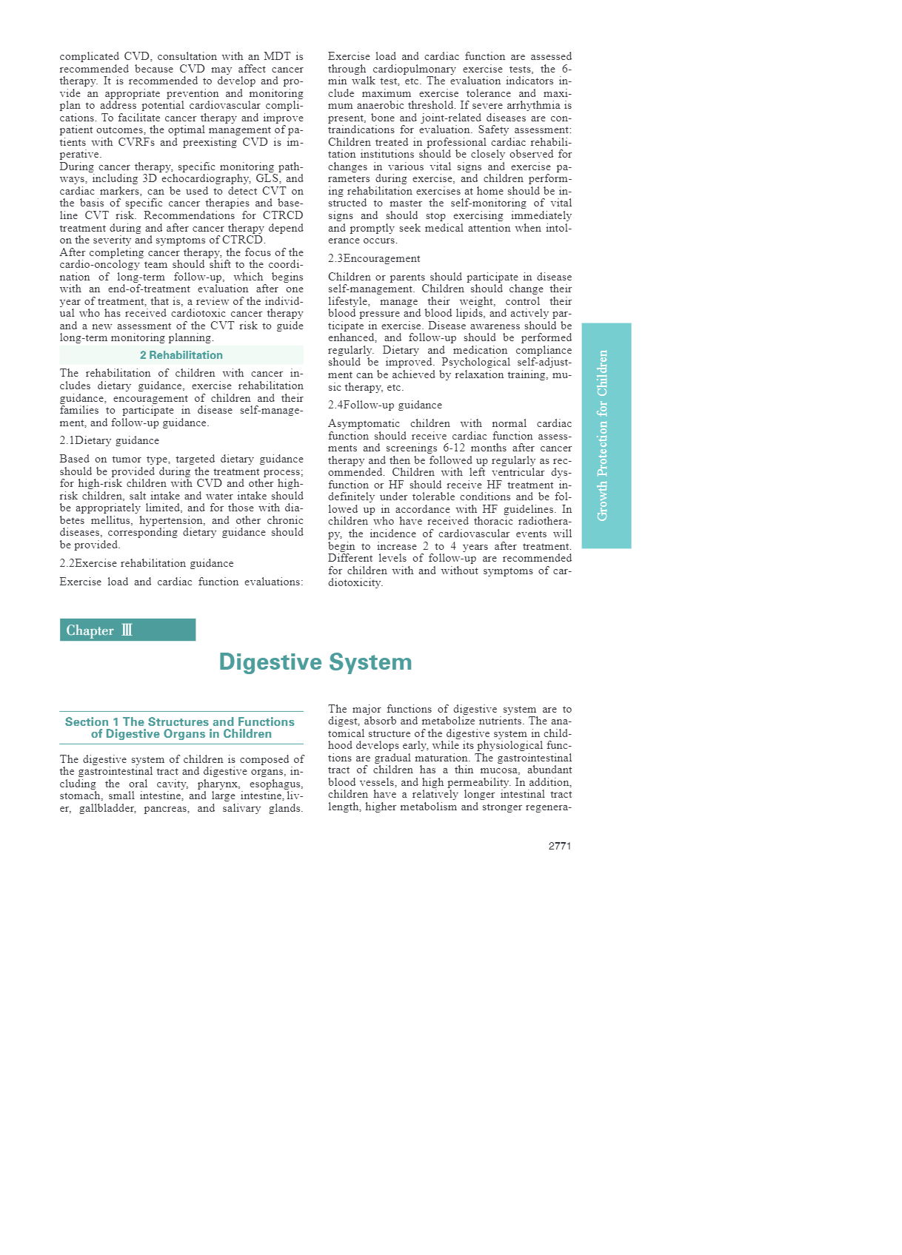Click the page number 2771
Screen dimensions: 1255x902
tap(559, 846)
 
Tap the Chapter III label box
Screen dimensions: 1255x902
tap(127, 630)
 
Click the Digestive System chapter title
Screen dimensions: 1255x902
tap(315, 662)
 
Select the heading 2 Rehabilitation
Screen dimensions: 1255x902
tap(181, 355)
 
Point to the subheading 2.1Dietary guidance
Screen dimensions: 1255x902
tap(110, 440)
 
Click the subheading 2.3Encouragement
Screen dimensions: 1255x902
tap(374, 258)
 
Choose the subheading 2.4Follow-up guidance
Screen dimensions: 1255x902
tap(385, 405)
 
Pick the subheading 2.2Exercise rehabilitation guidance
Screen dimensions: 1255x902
tap(147, 563)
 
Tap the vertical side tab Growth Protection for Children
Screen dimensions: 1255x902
tap(606, 435)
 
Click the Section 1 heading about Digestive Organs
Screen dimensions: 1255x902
tap(181, 727)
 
